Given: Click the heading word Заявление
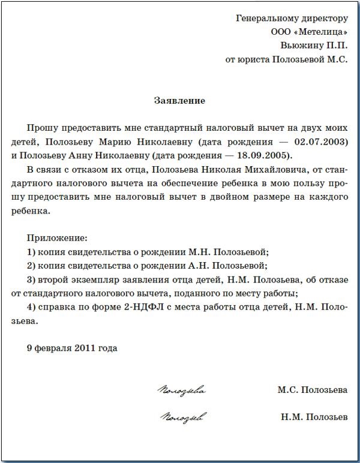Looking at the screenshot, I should click(179, 101).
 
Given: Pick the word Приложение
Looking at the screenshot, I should click(57, 238).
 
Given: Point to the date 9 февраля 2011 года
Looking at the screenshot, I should click(72, 348).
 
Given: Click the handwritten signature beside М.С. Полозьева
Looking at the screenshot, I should click(181, 391).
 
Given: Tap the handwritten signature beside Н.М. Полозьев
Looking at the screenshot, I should click(184, 416).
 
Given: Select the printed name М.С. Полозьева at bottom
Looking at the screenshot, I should click(312, 390).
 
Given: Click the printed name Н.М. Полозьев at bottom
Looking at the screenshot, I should click(313, 416).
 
